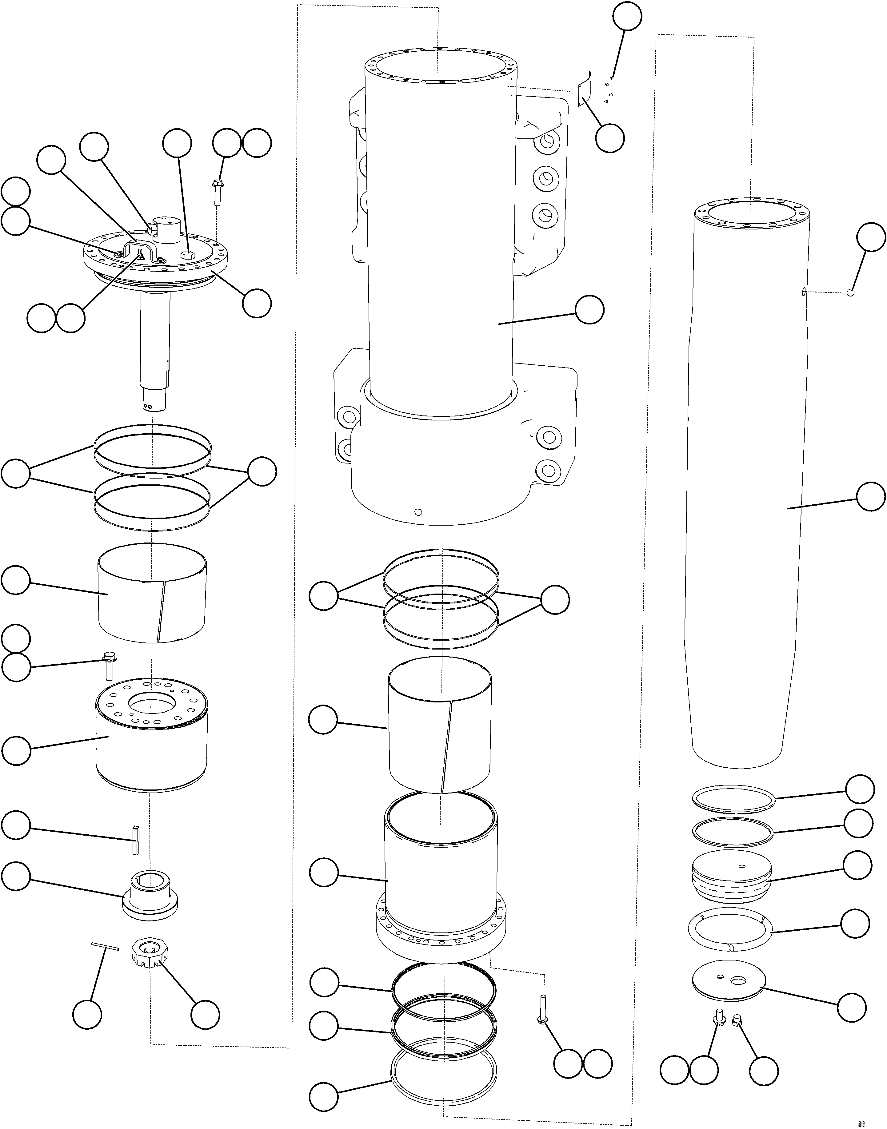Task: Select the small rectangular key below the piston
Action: tap(136, 839)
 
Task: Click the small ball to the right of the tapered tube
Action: tap(850, 292)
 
